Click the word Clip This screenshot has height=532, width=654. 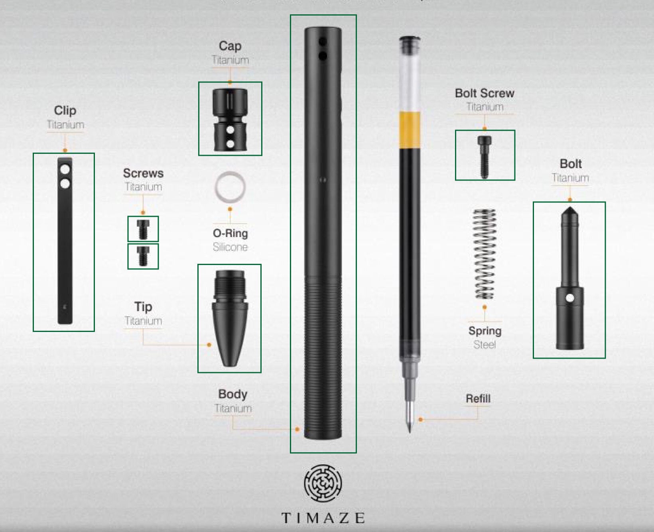pos(65,110)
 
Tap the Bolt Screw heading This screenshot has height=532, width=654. pos(485,93)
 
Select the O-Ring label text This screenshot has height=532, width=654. pos(230,234)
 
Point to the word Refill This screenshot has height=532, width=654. pos(478,399)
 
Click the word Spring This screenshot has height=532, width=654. pos(485,331)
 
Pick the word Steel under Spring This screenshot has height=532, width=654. pos(485,345)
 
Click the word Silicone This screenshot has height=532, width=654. pos(230,247)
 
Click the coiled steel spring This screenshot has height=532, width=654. pos(485,254)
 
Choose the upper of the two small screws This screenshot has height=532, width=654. pos(143,229)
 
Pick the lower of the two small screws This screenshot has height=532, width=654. pos(143,255)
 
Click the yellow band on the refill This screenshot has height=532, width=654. pos(410,130)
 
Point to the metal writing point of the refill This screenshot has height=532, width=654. pos(409,414)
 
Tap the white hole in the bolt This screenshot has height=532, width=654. pos(570,298)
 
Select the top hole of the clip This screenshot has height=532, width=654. pos(65,170)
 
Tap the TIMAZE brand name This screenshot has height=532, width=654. pos(323,518)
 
